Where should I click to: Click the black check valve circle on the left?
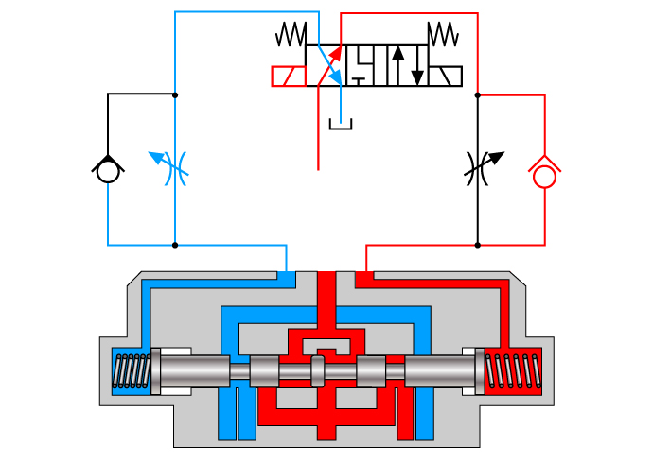pos(108,171)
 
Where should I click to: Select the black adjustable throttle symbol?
pos(480,168)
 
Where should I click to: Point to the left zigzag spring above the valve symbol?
pos(291,35)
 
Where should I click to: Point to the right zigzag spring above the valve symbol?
pos(443,35)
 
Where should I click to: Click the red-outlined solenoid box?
pos(288,76)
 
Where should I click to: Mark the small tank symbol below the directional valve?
pos(340,124)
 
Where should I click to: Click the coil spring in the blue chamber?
pos(132,370)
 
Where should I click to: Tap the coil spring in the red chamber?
pos(512,370)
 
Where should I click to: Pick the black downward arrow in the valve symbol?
pos(417,66)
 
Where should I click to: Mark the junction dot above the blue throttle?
pos(175,94)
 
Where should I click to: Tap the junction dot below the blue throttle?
pos(175,246)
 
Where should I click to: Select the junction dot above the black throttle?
pos(478,94)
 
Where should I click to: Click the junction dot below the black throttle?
pos(478,246)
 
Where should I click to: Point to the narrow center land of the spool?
pos(318,370)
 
